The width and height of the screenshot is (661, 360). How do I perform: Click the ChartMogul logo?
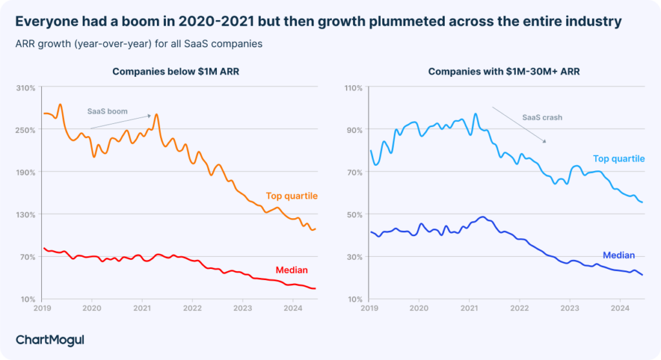[50, 339]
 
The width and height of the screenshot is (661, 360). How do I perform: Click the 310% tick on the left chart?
[26, 87]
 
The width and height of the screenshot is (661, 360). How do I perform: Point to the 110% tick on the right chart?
[352, 87]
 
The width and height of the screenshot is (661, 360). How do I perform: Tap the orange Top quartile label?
[291, 196]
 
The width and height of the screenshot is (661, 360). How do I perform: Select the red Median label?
[291, 270]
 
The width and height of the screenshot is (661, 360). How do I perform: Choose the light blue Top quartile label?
[618, 159]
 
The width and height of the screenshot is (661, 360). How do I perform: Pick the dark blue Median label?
[618, 255]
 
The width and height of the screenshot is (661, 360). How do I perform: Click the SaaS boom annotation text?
[107, 112]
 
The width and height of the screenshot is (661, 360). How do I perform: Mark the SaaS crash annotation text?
[542, 117]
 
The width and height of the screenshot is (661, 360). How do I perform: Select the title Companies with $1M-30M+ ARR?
[503, 72]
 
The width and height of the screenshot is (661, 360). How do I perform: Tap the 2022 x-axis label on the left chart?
[192, 309]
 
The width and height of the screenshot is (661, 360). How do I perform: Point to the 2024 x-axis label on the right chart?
[620, 309]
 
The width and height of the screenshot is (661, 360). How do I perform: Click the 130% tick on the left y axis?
[26, 214]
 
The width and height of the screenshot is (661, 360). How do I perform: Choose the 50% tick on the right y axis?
[354, 214]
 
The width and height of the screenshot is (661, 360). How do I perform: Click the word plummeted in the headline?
[394, 22]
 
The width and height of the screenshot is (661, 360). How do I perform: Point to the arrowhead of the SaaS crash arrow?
[545, 141]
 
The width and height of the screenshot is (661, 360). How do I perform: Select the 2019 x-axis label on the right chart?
[369, 309]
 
